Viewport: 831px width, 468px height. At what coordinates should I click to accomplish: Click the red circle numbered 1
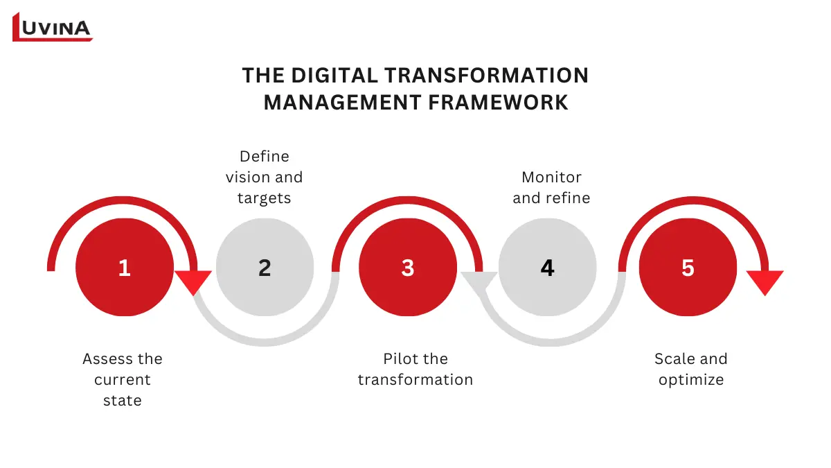(124, 268)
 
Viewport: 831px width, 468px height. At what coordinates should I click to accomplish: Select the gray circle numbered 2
(265, 268)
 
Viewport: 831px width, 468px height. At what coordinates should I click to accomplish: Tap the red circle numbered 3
(407, 268)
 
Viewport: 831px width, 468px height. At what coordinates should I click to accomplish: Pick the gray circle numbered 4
(547, 268)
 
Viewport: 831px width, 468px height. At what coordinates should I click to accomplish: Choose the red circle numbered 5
(688, 268)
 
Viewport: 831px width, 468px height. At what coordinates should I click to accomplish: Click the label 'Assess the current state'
(123, 379)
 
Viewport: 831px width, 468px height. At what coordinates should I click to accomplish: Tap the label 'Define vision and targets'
(264, 177)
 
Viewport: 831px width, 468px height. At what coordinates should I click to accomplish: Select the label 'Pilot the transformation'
(415, 369)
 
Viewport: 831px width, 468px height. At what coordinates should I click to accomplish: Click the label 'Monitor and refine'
(551, 187)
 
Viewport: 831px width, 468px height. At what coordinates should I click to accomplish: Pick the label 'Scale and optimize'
(691, 369)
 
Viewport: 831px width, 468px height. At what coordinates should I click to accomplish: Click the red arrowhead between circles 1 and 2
(193, 280)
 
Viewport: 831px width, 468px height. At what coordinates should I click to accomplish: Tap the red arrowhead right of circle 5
(765, 281)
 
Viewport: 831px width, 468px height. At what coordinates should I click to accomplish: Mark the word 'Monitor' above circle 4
(551, 177)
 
